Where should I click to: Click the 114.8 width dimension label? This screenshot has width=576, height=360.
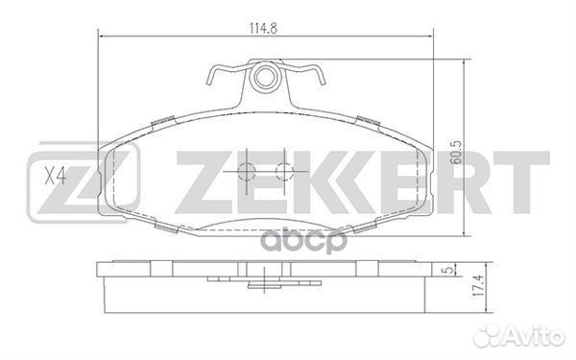point(263,28)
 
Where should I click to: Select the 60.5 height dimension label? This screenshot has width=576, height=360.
point(455,152)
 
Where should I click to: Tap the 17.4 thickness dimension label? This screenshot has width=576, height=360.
point(477,287)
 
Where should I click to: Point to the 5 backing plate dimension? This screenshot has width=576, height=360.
point(447,270)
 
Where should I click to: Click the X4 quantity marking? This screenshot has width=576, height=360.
point(55,176)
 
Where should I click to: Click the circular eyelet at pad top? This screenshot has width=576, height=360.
point(264,77)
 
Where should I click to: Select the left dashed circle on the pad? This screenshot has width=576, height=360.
point(246,172)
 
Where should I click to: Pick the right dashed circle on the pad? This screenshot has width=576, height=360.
point(284,172)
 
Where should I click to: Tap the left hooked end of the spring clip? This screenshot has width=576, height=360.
point(210,76)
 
